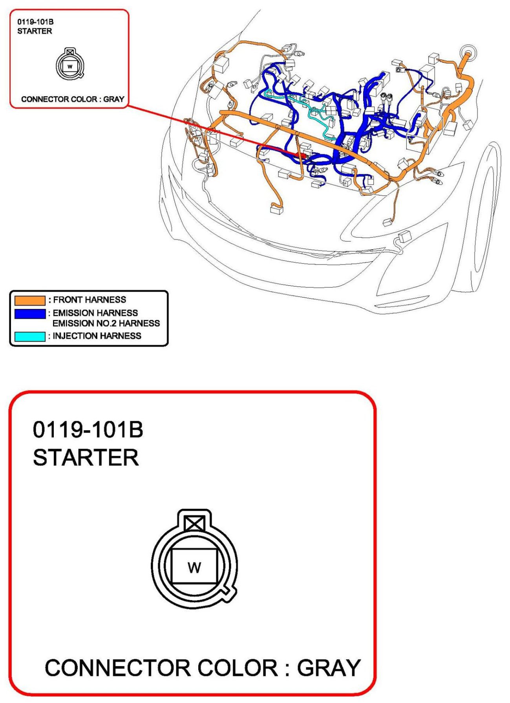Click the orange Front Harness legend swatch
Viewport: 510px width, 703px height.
point(30,300)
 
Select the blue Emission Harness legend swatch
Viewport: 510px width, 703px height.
point(30,314)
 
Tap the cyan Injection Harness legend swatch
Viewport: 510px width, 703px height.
point(30,336)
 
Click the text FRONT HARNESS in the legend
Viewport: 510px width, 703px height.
point(90,300)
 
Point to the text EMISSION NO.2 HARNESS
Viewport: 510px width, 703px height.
point(106,323)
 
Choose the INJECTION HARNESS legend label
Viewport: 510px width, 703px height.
point(97,336)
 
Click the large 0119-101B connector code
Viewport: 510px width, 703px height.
point(88,429)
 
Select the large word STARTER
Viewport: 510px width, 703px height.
point(86,458)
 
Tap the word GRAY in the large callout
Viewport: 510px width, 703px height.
point(329,668)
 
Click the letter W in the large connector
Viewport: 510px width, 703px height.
point(194,568)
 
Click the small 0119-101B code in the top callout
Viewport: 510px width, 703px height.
point(35,22)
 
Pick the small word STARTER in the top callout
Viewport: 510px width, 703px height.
point(35,31)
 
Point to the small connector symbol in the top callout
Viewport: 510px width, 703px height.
point(70,64)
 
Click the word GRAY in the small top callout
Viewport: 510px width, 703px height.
point(114,99)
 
